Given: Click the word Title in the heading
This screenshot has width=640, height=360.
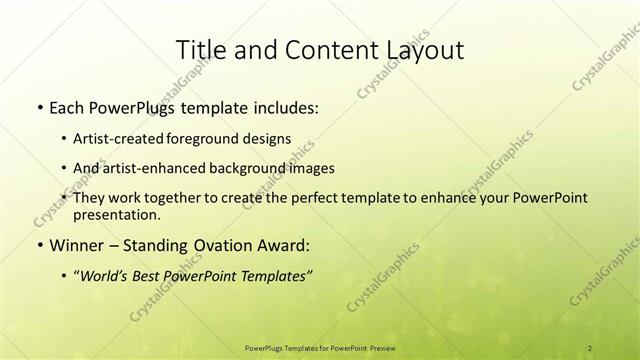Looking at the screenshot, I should [199, 49].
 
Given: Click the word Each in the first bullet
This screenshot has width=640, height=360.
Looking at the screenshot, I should [66, 107].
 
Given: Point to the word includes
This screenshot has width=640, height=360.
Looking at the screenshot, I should [282, 107].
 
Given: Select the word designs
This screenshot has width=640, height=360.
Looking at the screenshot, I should [270, 138].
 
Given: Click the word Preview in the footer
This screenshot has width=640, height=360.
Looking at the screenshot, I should [381, 347].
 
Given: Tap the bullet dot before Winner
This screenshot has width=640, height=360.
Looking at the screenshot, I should [38, 245].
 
